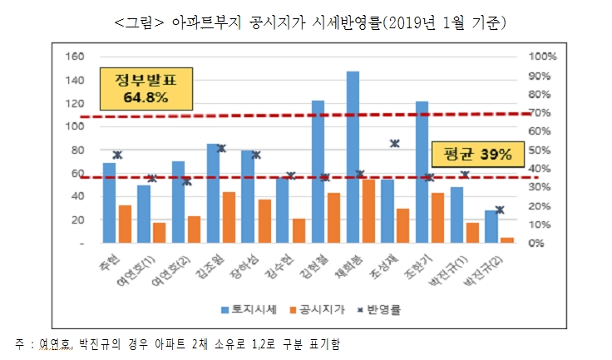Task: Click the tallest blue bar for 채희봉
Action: [353, 158]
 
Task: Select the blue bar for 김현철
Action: [318, 171]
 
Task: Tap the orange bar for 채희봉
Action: [367, 211]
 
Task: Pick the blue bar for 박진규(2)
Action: [490, 226]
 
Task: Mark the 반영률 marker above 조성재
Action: [395, 143]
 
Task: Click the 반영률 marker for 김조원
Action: [221, 148]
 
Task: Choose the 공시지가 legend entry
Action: [313, 309]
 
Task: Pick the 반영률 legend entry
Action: [377, 309]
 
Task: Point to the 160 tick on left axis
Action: [74, 57]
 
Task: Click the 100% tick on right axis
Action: [544, 57]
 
